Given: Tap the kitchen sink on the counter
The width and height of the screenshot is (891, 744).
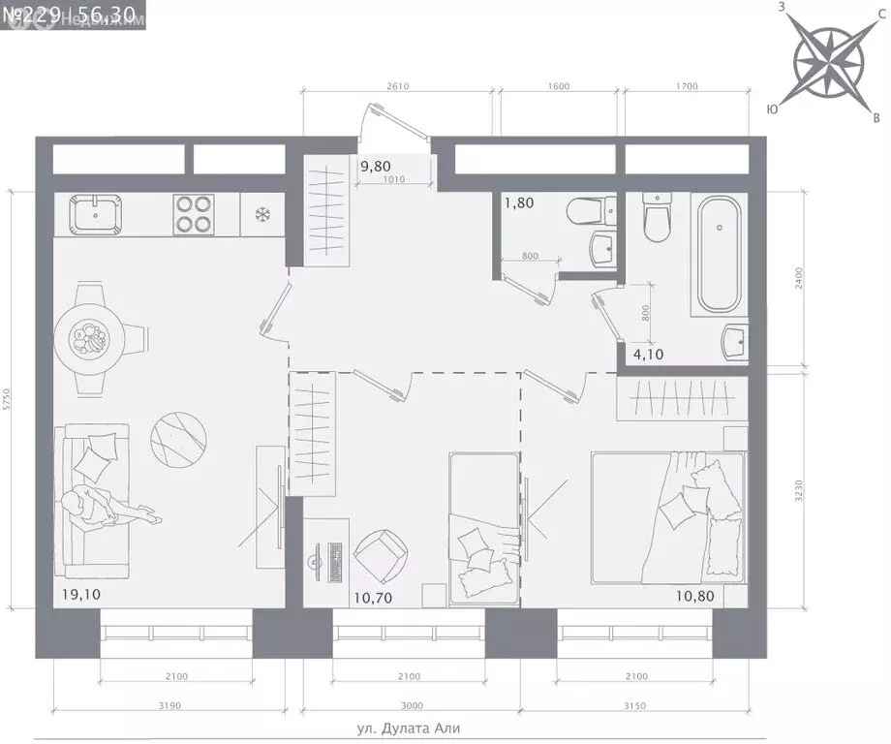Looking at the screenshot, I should point(95,214).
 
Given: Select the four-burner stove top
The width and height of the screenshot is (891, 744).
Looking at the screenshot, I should point(192,215).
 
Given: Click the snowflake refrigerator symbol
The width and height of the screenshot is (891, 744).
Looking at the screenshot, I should point(261,214).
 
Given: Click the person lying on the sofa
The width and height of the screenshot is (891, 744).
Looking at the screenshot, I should point(102,509).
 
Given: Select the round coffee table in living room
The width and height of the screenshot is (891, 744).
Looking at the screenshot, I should point(179,437).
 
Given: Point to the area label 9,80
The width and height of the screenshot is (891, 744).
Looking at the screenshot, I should point(377,166).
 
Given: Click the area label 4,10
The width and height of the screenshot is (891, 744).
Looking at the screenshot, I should point(649,355).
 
